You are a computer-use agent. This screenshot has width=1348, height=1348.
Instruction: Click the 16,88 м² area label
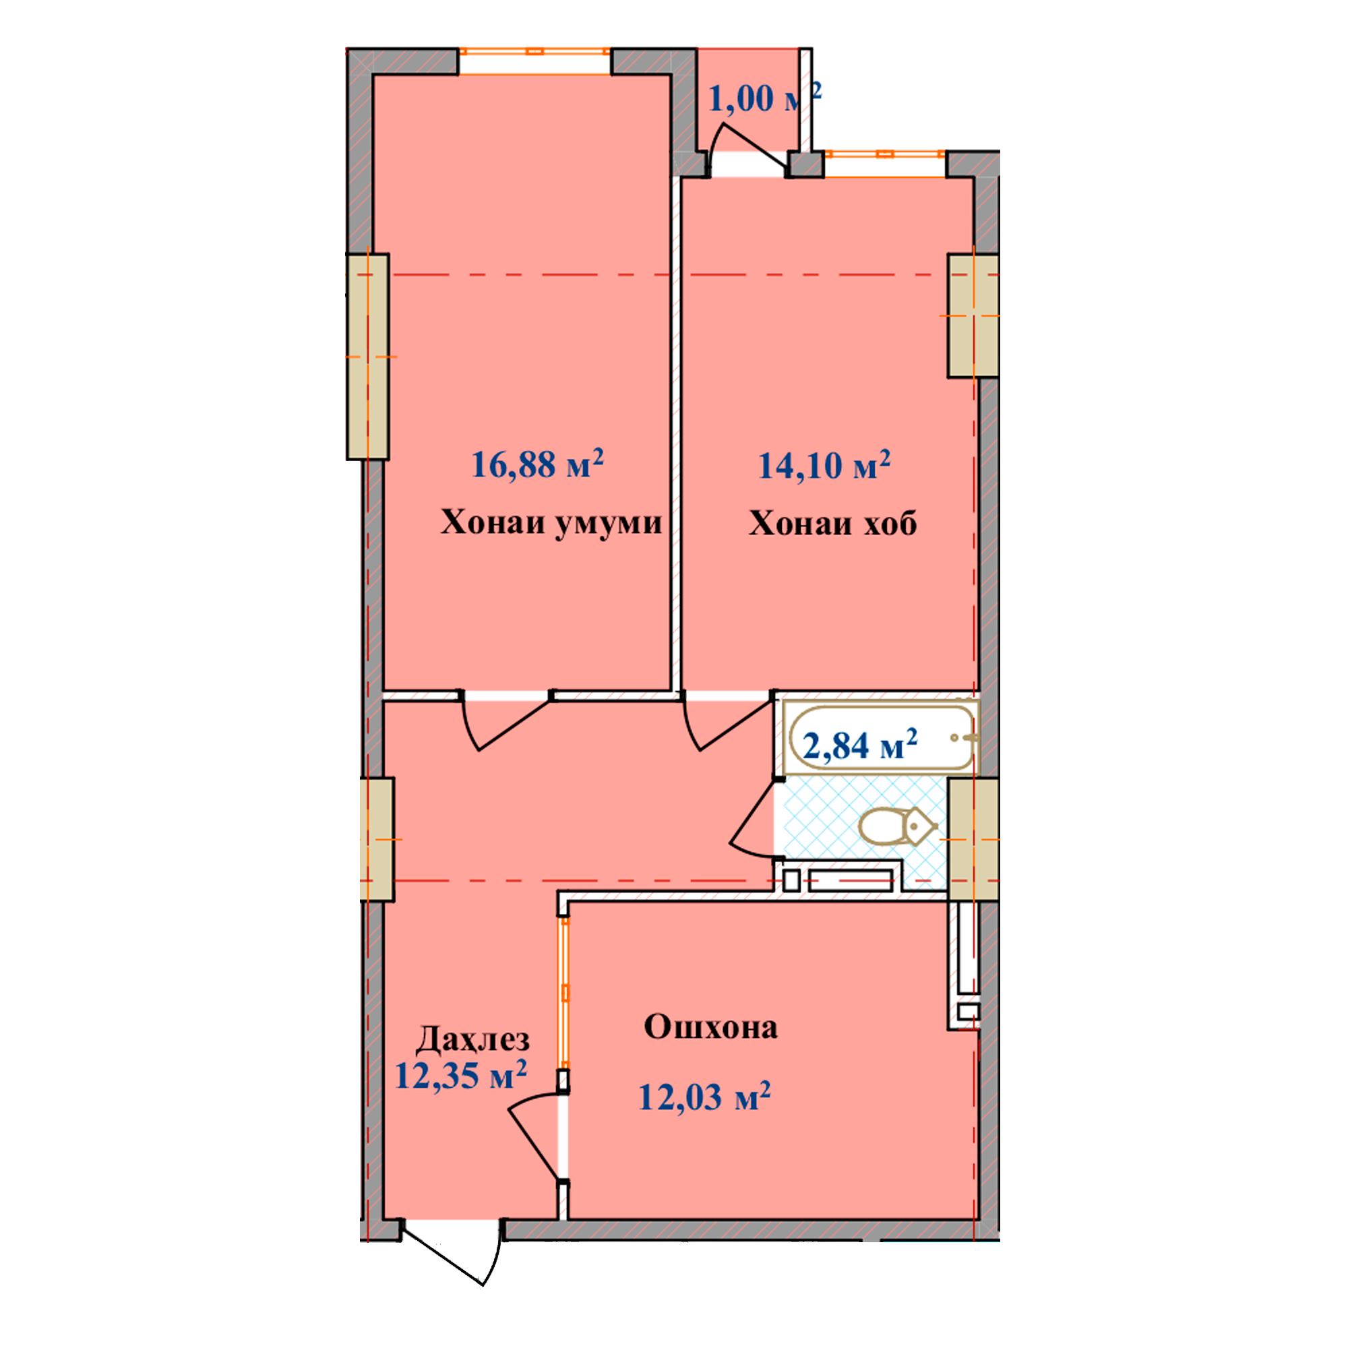pyautogui.click(x=537, y=463)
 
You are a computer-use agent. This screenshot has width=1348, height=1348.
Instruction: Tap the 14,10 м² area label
pyautogui.click(x=824, y=464)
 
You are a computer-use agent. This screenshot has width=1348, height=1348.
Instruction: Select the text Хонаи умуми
pyautogui.click(x=551, y=522)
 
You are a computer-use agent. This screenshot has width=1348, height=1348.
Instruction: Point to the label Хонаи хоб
pyautogui.click(x=832, y=522)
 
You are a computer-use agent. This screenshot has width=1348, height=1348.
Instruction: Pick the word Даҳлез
pyautogui.click(x=472, y=1039)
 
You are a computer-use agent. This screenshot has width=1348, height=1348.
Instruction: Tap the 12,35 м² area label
pyautogui.click(x=460, y=1074)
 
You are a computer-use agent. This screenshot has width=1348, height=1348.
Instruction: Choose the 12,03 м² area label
pyautogui.click(x=705, y=1096)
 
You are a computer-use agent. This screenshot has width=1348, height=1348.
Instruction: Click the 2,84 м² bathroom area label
pyautogui.click(x=860, y=745)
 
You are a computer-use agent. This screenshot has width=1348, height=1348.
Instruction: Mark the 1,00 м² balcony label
pyautogui.click(x=765, y=97)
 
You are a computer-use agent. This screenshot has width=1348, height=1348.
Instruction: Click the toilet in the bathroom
pyautogui.click(x=896, y=827)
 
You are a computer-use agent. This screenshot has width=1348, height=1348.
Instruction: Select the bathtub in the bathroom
pyautogui.click(x=881, y=737)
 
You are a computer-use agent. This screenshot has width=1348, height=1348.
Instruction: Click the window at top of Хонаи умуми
pyautogui.click(x=534, y=51)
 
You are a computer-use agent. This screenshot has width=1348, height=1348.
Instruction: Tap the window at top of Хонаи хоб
pyautogui.click(x=886, y=154)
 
